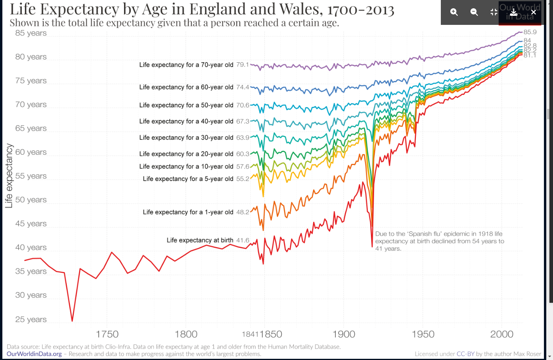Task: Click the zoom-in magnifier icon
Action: tap(454, 12)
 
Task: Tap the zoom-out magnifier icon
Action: tap(474, 12)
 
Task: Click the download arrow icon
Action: tap(513, 12)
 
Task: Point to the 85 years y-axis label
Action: tap(31, 33)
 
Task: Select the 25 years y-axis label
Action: tap(31, 319)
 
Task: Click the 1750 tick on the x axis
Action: tap(107, 334)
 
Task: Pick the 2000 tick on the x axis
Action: tap(502, 334)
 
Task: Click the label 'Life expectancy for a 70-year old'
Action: tap(186, 65)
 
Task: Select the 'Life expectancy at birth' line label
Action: tap(200, 240)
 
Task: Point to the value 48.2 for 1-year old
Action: tap(243, 212)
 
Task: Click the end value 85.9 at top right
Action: tap(530, 32)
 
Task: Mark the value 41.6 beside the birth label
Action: tap(243, 240)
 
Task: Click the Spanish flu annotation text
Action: tap(439, 241)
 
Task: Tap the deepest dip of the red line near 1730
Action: tap(72, 321)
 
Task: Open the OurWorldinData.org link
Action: tap(34, 354)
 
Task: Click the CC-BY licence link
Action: tap(465, 354)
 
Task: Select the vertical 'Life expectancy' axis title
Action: tap(9, 176)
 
